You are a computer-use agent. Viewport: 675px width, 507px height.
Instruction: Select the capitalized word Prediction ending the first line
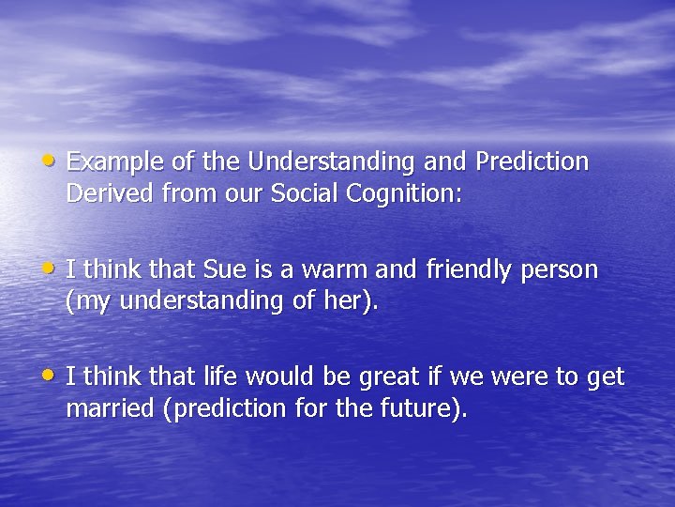tap(532, 162)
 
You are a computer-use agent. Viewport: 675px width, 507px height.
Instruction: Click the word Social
tap(299, 193)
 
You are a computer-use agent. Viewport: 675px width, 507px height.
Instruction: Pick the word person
tap(561, 270)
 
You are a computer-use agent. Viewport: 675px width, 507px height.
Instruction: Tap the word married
tap(111, 409)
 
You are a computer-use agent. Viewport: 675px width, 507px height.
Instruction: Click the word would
tap(271, 378)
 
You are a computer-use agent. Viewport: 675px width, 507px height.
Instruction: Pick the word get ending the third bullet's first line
tap(605, 378)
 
